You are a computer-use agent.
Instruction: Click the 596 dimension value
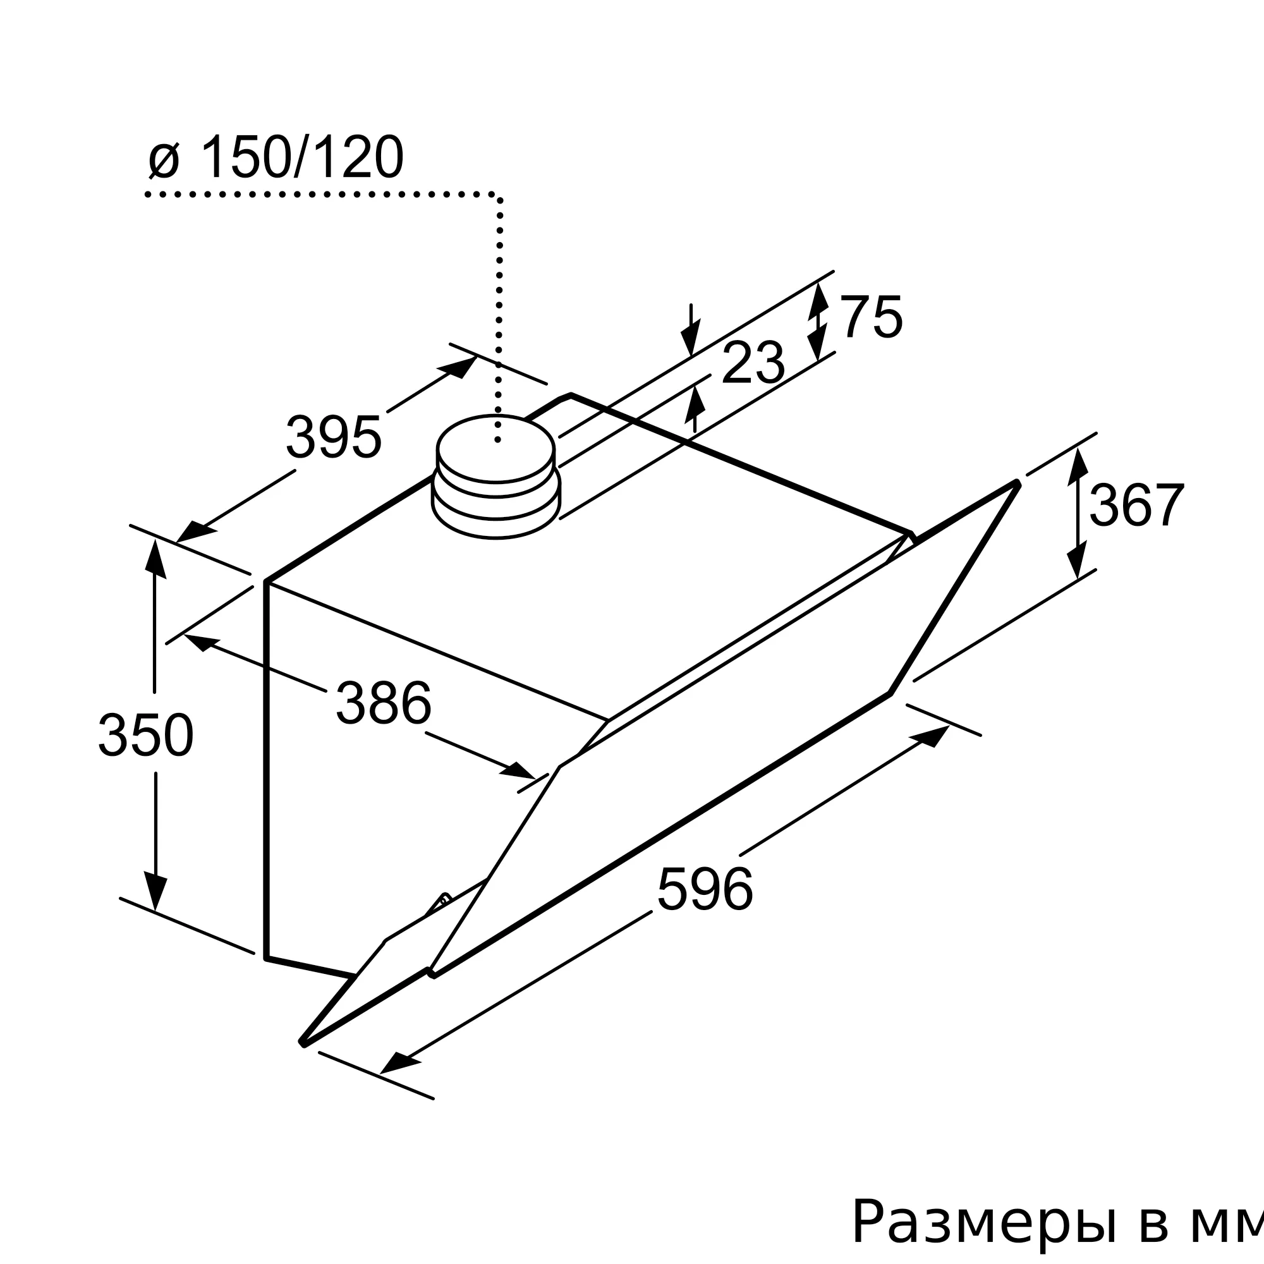click(705, 889)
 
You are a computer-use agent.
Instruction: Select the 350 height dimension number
click(146, 735)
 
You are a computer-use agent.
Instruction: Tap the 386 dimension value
click(384, 703)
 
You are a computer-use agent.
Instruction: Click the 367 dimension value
click(1136, 505)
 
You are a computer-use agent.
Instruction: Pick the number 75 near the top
click(871, 317)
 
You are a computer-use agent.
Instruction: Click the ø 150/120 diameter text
click(276, 157)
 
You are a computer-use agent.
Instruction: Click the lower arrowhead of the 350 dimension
click(155, 891)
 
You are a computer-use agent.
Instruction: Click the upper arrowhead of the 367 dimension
click(1078, 466)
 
